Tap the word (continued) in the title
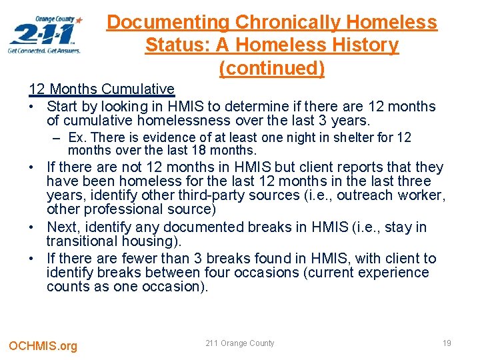271,68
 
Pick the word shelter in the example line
348,138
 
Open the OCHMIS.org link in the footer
43,345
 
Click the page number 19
447,343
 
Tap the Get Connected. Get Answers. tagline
44,51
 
